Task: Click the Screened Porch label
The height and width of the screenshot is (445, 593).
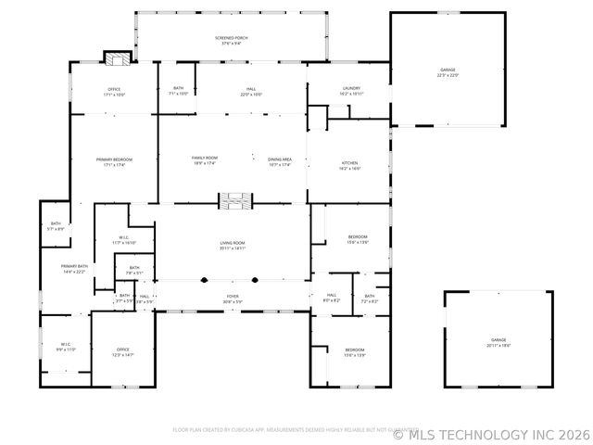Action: point(231,41)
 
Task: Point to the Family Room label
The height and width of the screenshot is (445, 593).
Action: point(205,160)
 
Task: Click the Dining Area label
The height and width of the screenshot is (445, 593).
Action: point(280,160)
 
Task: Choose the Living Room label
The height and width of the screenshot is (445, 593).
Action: point(233,246)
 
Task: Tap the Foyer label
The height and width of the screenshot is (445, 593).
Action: point(233,299)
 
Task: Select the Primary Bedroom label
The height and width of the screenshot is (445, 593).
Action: point(115,161)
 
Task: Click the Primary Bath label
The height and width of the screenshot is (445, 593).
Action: point(74,269)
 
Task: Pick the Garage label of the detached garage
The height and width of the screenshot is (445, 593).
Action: point(498,342)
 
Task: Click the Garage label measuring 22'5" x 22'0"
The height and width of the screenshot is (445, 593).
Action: point(448,71)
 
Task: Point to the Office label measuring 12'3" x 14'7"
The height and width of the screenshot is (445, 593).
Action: point(123,352)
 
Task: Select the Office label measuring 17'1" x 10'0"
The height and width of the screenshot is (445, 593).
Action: point(115,92)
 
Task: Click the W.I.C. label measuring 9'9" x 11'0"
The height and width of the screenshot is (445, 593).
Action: point(66,347)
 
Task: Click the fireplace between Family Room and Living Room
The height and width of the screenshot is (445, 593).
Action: point(234,200)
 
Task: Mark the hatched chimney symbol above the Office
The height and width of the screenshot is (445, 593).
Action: point(117,59)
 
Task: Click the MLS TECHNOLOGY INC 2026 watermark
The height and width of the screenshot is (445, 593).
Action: point(491,434)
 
